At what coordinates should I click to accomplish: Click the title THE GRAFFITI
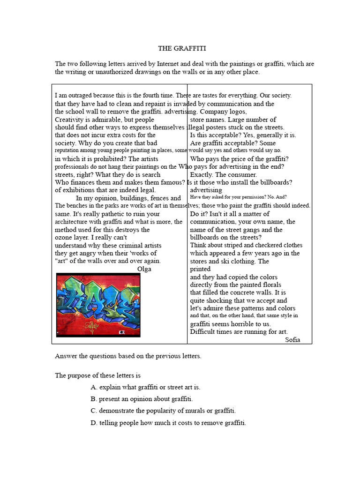182,48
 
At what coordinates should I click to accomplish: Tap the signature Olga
144,269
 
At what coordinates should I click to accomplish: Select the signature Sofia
292,340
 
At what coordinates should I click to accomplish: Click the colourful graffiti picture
98,305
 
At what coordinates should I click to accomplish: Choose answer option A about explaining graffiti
145,387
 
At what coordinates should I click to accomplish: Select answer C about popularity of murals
163,411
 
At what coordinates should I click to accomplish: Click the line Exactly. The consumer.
224,174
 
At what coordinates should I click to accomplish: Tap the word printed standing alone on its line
200,269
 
